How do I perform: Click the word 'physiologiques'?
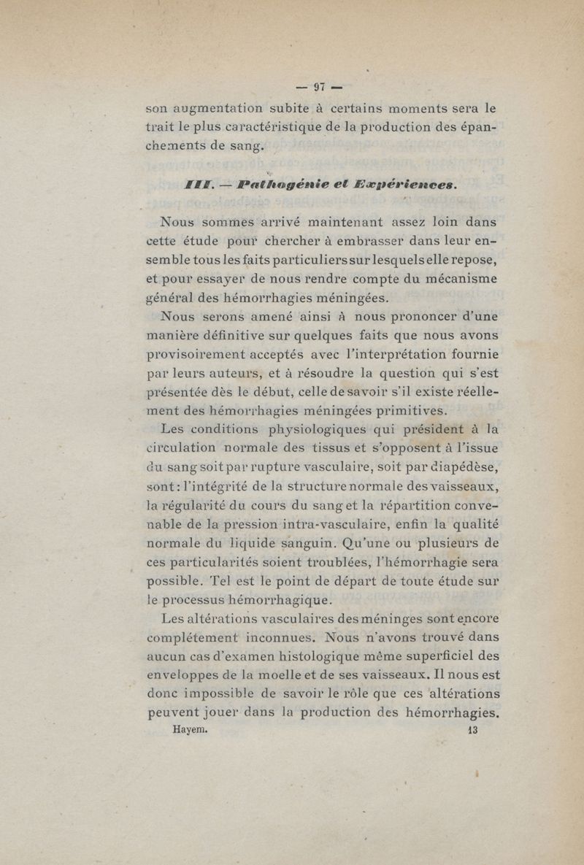[x=322, y=429]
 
